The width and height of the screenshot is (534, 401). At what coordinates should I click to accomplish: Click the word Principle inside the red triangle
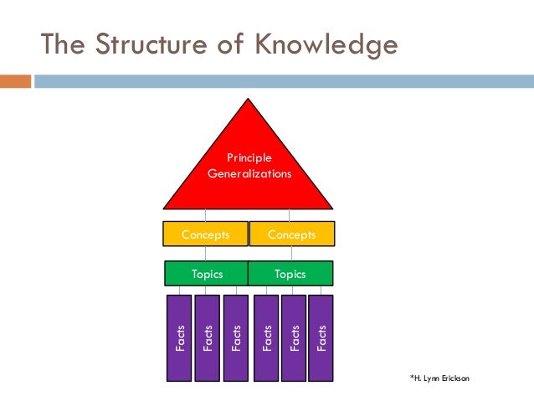249,157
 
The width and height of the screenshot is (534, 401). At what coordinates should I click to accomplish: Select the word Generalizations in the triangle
249,174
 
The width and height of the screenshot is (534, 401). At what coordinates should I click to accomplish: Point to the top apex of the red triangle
249,100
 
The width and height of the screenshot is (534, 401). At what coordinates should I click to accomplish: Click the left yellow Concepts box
206,235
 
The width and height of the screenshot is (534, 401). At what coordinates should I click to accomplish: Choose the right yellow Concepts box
292,235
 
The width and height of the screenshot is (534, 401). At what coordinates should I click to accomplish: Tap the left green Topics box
207,274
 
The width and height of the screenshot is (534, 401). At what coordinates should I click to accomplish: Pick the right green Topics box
290,274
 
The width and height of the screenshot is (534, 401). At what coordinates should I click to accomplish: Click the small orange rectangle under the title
15,81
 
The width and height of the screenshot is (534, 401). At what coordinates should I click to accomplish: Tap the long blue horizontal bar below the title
285,81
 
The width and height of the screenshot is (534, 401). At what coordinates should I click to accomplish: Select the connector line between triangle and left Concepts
206,214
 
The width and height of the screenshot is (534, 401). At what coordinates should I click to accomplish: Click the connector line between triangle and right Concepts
290,214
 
